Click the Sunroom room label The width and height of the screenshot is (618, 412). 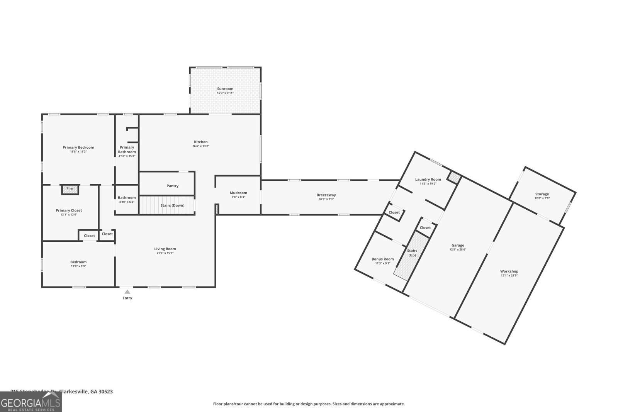pyautogui.click(x=225, y=89)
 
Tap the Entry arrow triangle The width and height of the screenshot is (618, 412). pyautogui.click(x=127, y=292)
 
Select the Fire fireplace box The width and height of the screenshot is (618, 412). pyautogui.click(x=70, y=189)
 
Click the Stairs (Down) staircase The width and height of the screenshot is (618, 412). pyautogui.click(x=167, y=205)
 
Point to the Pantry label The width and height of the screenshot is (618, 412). pyautogui.click(x=173, y=186)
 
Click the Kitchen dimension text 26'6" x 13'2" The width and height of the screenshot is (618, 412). pyautogui.click(x=201, y=146)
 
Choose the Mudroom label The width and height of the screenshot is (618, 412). pyautogui.click(x=238, y=193)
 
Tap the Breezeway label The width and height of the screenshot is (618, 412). pyautogui.click(x=326, y=195)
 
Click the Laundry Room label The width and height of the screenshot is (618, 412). pyautogui.click(x=428, y=179)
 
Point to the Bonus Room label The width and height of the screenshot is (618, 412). pyautogui.click(x=383, y=259)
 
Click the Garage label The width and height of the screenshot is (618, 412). pyautogui.click(x=458, y=245)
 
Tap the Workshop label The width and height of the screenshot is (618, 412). pyautogui.click(x=509, y=271)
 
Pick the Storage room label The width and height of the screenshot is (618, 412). pyautogui.click(x=542, y=194)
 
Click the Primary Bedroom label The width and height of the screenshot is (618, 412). pyautogui.click(x=78, y=147)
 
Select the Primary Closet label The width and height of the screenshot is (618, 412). pyautogui.click(x=69, y=210)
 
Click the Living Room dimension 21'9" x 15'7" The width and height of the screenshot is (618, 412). pyautogui.click(x=165, y=253)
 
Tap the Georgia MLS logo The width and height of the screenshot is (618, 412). pyautogui.click(x=31, y=402)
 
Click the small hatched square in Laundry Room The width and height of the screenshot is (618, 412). pyautogui.click(x=454, y=178)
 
